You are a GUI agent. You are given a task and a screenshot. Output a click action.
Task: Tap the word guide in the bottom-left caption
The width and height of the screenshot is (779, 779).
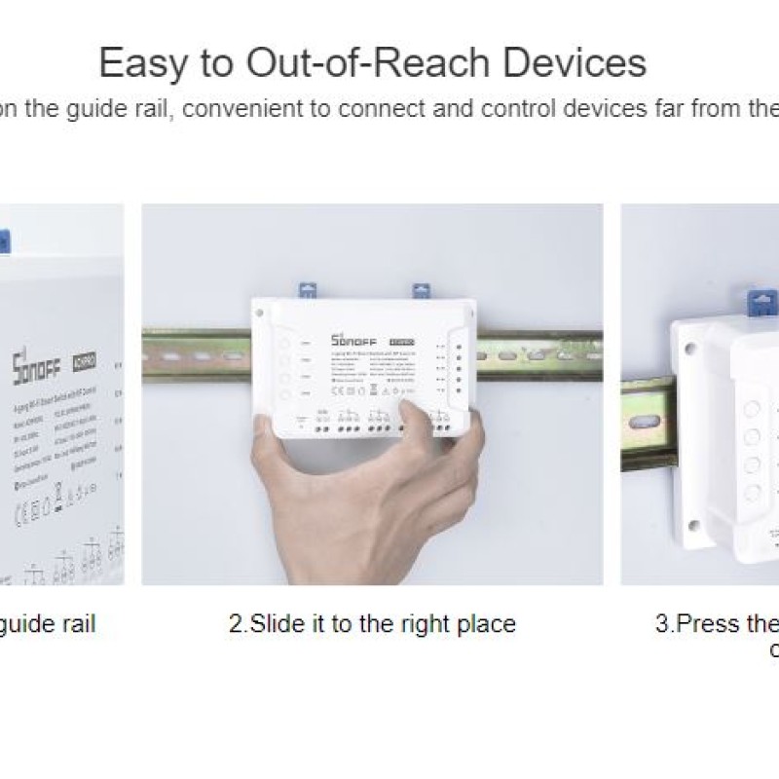pos(28,623)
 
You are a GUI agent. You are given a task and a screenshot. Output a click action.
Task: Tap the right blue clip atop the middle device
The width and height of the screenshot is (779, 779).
pos(422,289)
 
